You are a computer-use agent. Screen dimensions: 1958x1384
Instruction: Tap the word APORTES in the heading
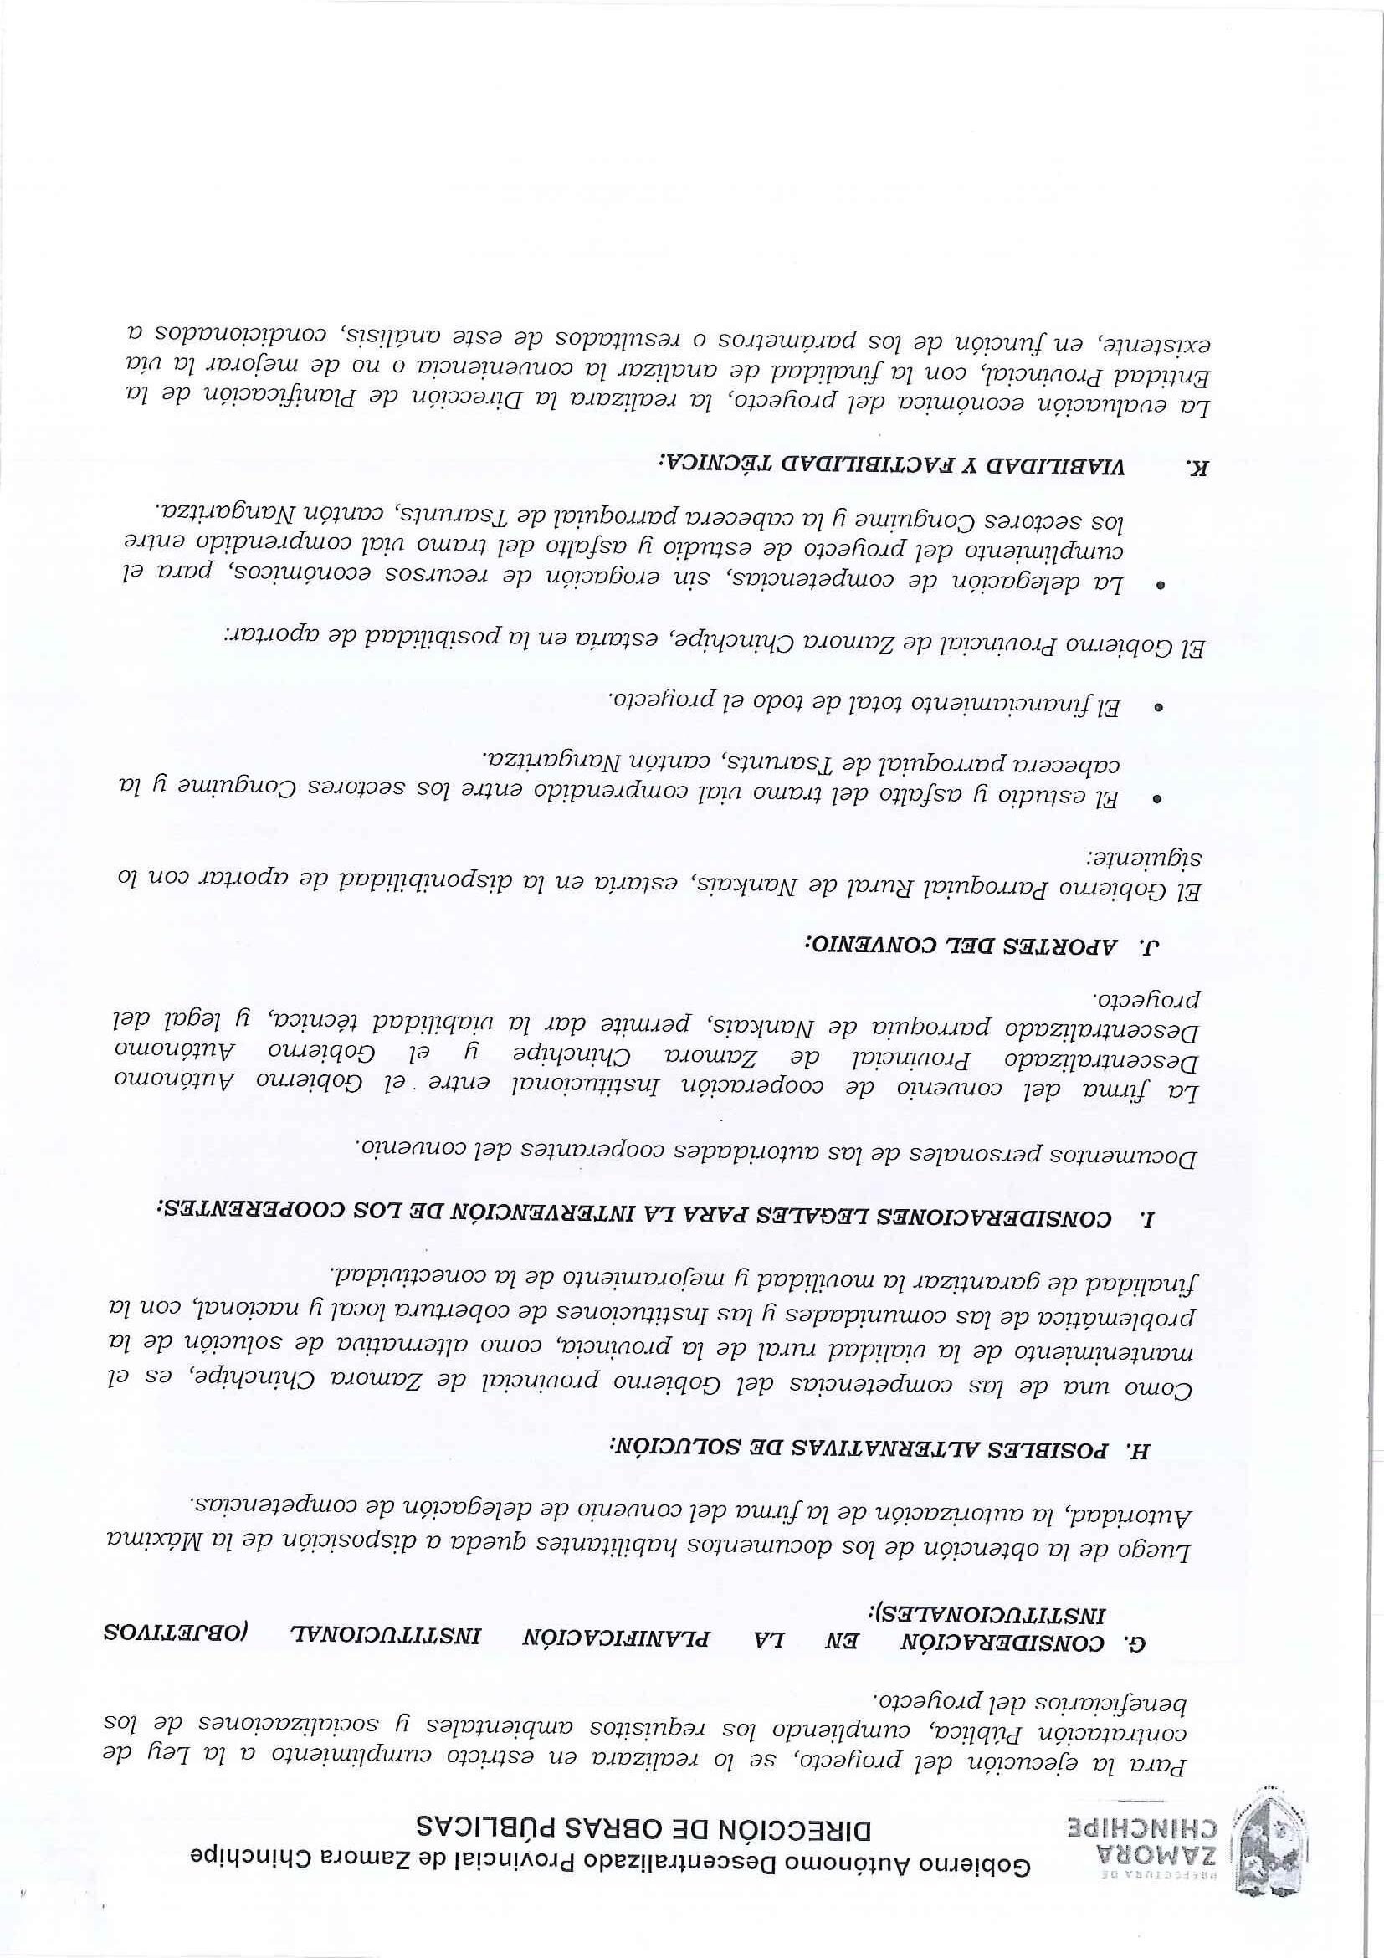[x=1069, y=944]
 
